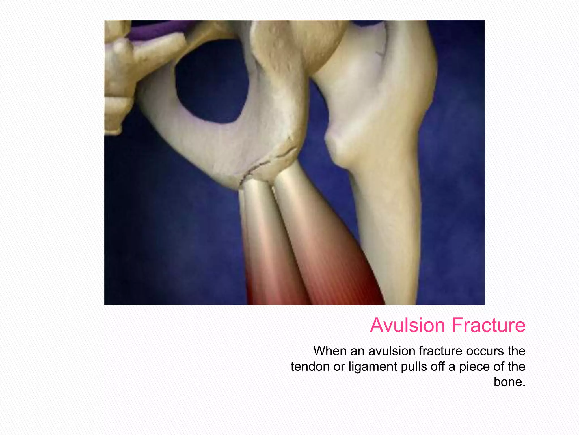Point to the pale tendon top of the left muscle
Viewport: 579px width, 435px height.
(256, 198)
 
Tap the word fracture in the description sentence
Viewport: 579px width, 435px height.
(441, 351)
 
